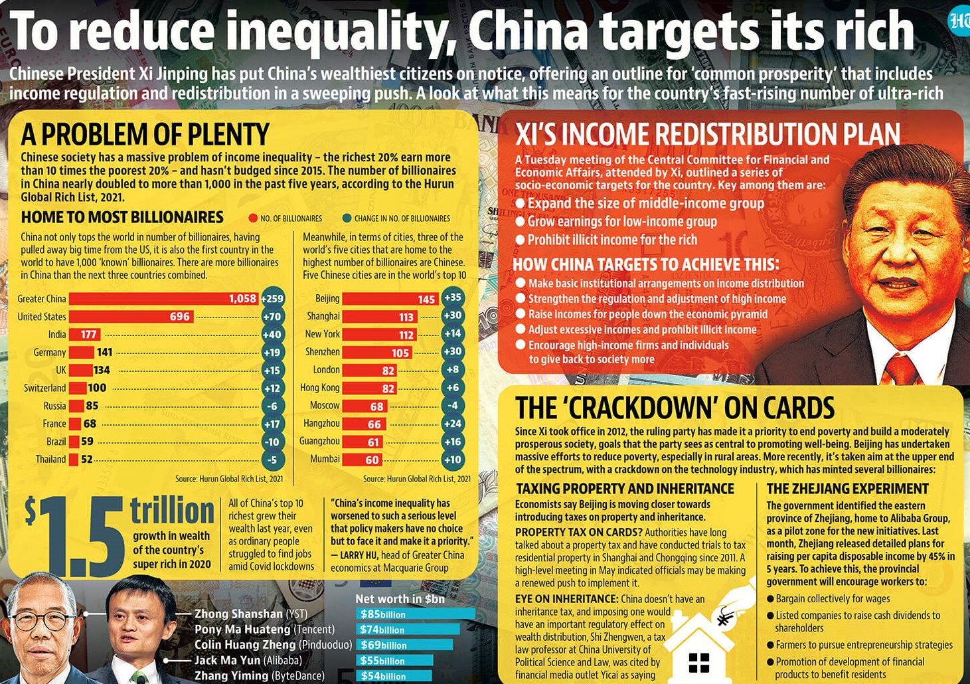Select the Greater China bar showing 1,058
[x=163, y=299]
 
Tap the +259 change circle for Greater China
[x=272, y=299]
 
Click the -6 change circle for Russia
[x=272, y=406]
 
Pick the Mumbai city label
[x=325, y=459]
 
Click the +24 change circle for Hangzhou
[x=452, y=424]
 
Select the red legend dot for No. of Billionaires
[x=252, y=218]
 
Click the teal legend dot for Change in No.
[x=347, y=218]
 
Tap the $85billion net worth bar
[x=416, y=614]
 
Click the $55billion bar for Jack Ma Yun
[x=395, y=660]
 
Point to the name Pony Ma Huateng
[x=242, y=629]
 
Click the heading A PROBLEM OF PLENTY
[x=145, y=134]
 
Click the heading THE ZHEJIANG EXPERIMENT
[x=847, y=489]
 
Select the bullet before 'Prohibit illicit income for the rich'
[x=521, y=240]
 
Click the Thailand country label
[x=50, y=460]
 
